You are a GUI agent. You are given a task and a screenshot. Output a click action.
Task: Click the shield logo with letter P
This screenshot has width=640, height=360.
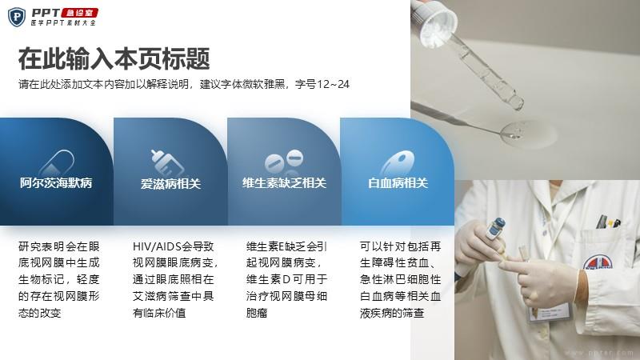[17, 17]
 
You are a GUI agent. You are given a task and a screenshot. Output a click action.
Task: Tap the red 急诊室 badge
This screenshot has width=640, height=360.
[79, 13]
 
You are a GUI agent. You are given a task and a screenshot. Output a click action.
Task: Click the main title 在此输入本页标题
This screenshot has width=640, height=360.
[114, 58]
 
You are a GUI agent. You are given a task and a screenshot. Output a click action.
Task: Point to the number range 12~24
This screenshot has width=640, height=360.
[333, 85]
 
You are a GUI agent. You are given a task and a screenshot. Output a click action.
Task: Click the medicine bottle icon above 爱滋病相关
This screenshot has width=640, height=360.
[167, 163]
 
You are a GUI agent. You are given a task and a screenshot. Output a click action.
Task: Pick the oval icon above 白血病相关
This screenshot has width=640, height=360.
[398, 162]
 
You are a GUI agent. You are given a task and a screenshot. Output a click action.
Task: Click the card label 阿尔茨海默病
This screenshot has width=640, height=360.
[56, 183]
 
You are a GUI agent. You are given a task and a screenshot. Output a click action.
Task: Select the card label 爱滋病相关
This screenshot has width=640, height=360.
[170, 184]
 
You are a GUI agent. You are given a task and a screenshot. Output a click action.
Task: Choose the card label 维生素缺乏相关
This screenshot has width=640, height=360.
[285, 183]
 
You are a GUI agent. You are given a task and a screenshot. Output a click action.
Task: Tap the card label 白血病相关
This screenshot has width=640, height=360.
[398, 183]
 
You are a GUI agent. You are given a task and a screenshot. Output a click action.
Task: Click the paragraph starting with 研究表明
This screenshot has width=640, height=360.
[59, 279]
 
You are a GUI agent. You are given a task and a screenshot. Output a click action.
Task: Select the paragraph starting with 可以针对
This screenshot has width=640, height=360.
[401, 279]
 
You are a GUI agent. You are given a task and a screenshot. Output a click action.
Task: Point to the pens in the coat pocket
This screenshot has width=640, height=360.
[608, 222]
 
